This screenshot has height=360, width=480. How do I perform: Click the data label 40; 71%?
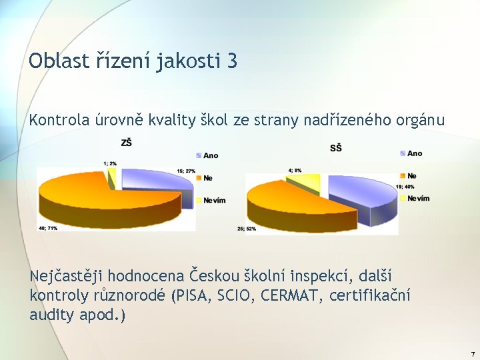pyautogui.click(x=47, y=229)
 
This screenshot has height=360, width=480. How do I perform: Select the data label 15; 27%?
pyautogui.click(x=186, y=171)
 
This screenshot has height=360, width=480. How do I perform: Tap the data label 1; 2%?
pyautogui.click(x=110, y=163)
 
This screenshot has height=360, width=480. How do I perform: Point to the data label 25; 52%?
pyautogui.click(x=247, y=229)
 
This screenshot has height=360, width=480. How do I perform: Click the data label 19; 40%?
pyautogui.click(x=405, y=187)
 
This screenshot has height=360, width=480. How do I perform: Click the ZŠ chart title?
pyautogui.click(x=126, y=143)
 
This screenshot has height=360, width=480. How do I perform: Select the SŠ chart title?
pyautogui.click(x=336, y=147)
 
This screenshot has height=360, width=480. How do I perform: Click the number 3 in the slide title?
pyautogui.click(x=231, y=62)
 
